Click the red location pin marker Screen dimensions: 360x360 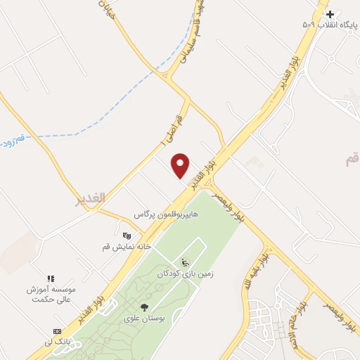[x=181, y=165]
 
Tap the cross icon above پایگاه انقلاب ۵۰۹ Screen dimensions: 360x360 [x=330, y=14]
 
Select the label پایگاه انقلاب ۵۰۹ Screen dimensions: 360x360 [x=330, y=25]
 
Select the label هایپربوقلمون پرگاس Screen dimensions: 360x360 [x=167, y=212]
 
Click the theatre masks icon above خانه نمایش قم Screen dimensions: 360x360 [x=127, y=236]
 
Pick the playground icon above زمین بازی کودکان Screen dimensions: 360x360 [x=186, y=263]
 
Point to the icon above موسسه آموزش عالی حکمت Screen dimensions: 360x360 [x=50, y=279]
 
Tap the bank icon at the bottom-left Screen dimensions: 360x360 [x=57, y=331]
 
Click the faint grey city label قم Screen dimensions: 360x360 [x=352, y=161]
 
